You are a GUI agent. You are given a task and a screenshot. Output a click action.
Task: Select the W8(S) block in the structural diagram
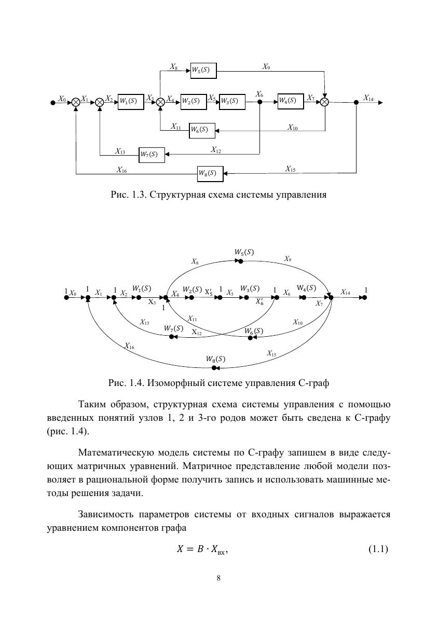click(x=210, y=174)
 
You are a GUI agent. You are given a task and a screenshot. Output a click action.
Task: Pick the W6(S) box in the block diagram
click(x=202, y=130)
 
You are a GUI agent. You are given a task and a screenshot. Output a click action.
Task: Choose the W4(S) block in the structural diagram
click(x=290, y=101)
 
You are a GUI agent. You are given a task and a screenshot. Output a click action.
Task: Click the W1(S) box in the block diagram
click(x=130, y=101)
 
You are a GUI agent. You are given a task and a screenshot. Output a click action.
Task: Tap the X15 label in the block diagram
click(x=291, y=169)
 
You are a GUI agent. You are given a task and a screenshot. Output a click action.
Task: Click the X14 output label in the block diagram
click(x=368, y=98)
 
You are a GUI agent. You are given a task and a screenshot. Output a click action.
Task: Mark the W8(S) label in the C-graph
click(x=216, y=358)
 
